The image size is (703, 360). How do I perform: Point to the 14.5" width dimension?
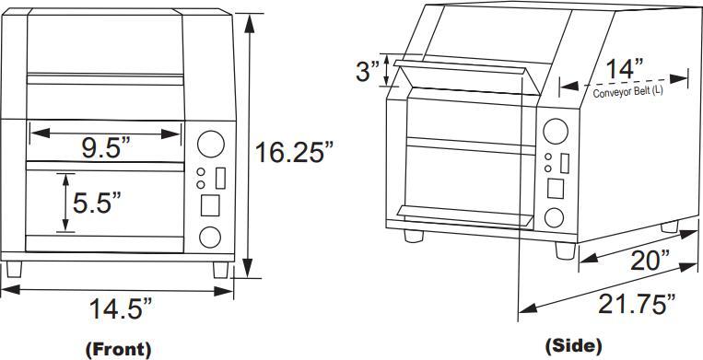coord(120,309)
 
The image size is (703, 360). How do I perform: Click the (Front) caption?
coord(118,349)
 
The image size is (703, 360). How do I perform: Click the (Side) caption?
coord(575,346)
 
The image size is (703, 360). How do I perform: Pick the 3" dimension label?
coord(368,72)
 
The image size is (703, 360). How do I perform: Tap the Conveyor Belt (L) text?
coord(627,92)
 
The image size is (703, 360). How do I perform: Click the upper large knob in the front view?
coord(211,143)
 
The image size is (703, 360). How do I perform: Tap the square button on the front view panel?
coord(211,204)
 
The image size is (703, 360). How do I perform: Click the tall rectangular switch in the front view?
coord(220,177)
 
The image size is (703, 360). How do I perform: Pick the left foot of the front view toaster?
coord(13,270)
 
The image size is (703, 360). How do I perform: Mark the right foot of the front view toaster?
coord(221,270)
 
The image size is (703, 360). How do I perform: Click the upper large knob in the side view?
coord(554,130)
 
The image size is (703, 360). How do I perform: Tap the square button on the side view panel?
coord(556,189)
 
